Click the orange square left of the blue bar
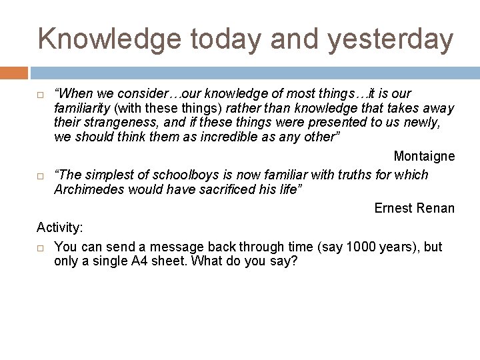(x=14, y=73)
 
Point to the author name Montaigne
(x=424, y=157)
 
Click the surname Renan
(x=435, y=208)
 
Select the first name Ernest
(x=394, y=208)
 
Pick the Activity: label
(x=60, y=228)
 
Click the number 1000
(x=359, y=247)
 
